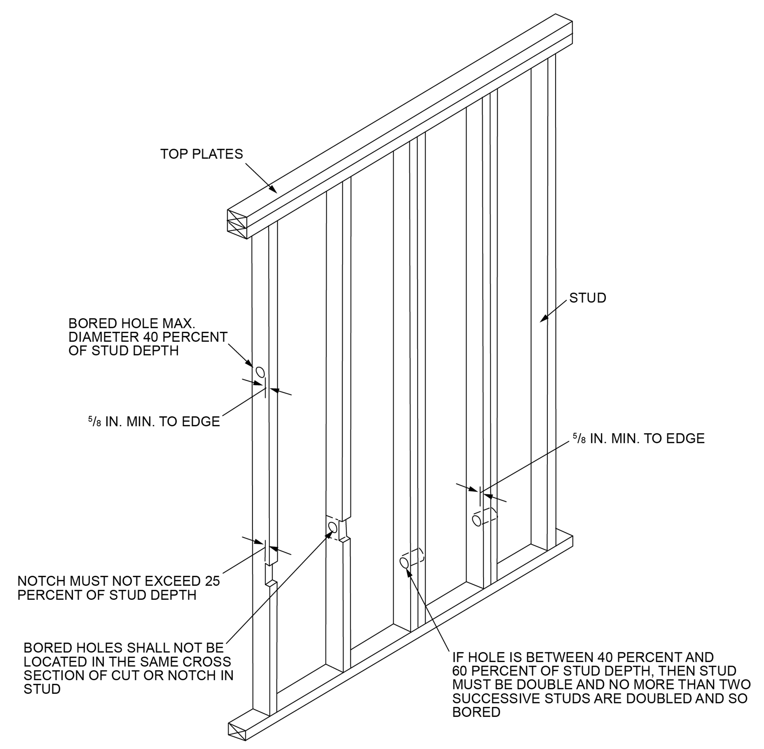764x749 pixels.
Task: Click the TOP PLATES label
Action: click(x=201, y=154)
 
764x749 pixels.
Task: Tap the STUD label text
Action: click(x=587, y=298)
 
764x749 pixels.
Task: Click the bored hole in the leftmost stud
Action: click(x=260, y=372)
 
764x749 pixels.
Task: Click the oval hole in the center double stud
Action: click(x=404, y=562)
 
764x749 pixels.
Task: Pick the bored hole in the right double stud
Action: click(x=476, y=520)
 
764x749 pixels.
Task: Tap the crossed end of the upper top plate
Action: click(x=237, y=215)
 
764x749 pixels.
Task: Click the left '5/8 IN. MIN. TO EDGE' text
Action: click(x=154, y=422)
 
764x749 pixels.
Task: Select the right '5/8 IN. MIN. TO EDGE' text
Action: click(x=639, y=439)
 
